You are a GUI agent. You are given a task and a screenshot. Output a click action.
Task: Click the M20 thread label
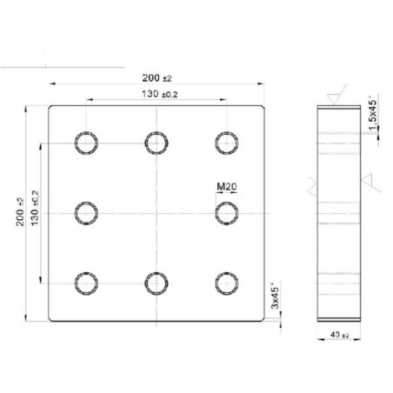coord(227,187)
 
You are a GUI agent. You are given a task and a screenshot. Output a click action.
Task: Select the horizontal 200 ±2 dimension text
coord(157,78)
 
